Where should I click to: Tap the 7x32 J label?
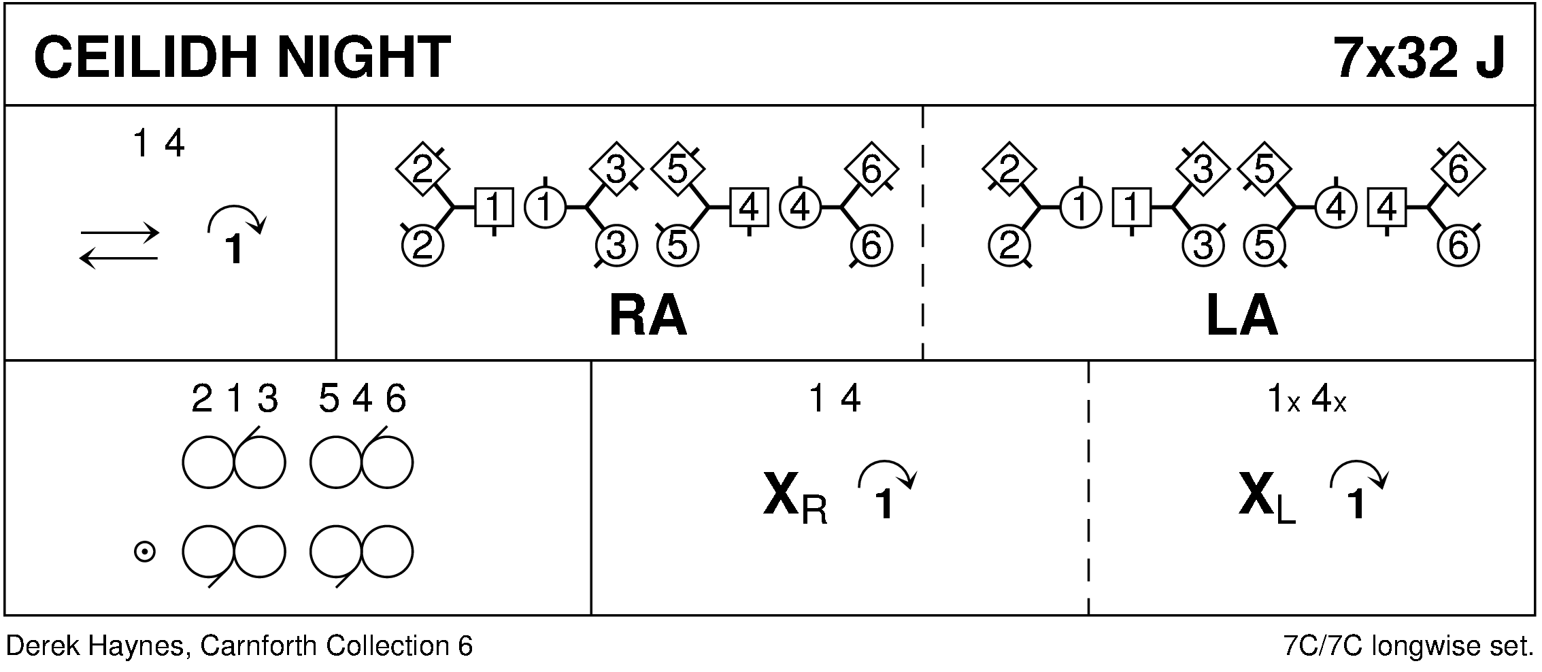[1420, 57]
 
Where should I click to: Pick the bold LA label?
[1241, 317]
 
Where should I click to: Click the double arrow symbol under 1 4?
[120, 246]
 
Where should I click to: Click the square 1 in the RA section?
[494, 207]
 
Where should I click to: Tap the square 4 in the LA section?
[1387, 207]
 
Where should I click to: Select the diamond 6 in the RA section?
[871, 169]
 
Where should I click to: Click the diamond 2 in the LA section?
[1010, 169]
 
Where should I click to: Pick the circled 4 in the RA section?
[800, 207]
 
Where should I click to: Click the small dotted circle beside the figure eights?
[144, 552]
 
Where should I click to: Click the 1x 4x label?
[1306, 400]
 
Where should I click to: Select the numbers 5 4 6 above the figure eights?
[362, 399]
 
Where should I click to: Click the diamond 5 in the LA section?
[1264, 169]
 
